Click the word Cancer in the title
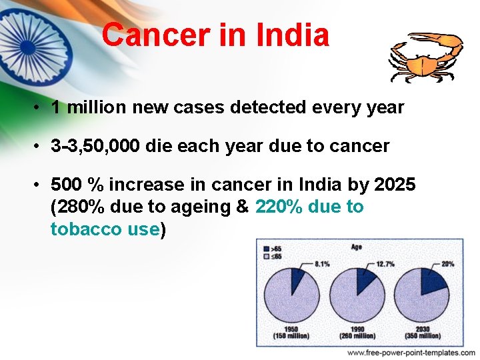click(x=155, y=35)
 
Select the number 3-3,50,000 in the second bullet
click(x=95, y=146)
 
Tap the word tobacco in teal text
click(x=81, y=229)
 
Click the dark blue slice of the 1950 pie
click(x=297, y=276)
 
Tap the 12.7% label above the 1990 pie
click(x=385, y=263)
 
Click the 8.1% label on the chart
click(x=321, y=263)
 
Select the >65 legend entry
click(x=273, y=249)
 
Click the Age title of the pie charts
click(x=357, y=247)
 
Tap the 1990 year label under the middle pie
click(x=357, y=329)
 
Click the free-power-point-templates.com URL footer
click(x=411, y=353)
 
